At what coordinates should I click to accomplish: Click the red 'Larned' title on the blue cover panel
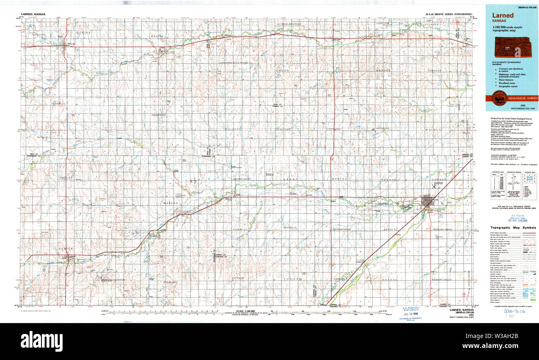503,15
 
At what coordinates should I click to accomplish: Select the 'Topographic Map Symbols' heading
513,228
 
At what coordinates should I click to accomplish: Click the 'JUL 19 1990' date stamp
411,314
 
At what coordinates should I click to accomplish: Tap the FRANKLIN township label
58,103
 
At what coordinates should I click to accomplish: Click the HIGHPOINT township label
158,114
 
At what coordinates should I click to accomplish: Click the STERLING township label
170,282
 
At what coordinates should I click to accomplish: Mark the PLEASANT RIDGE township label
342,229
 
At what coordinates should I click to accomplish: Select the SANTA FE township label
391,229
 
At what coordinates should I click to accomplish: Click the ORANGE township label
389,280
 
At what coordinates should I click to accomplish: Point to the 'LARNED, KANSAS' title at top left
34,14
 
